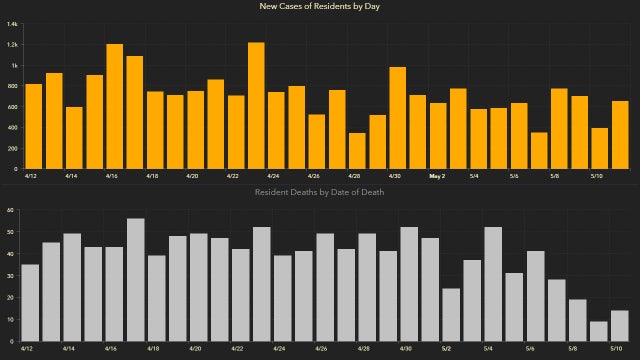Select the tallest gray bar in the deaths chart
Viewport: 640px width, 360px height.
(x=136, y=280)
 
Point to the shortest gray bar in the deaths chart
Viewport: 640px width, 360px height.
(x=598, y=331)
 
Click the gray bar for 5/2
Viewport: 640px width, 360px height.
(x=451, y=315)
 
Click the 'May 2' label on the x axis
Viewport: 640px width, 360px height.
(x=437, y=176)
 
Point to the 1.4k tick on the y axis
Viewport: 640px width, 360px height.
(x=11, y=23)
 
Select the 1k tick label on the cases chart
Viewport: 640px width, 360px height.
(x=12, y=65)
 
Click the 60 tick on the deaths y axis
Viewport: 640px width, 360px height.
(x=9, y=211)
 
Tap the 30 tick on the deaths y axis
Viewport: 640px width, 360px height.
(x=9, y=276)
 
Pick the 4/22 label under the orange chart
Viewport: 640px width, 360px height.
(x=233, y=176)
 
